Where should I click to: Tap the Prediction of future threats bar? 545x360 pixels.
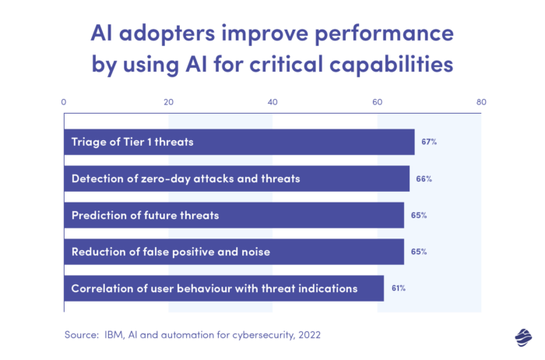pos(234,215)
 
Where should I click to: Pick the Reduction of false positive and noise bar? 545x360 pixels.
pos(234,252)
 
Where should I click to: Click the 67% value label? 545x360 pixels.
pos(429,142)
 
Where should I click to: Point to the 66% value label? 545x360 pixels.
pos(424,178)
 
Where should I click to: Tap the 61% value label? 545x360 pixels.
pos(398,288)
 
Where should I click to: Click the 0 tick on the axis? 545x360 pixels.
pos(64,101)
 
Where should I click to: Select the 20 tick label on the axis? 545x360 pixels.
pos(168,101)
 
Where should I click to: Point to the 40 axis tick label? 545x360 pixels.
pos(272,101)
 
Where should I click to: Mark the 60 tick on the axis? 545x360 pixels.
pos(377,101)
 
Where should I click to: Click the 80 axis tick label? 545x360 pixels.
pos(481,101)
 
